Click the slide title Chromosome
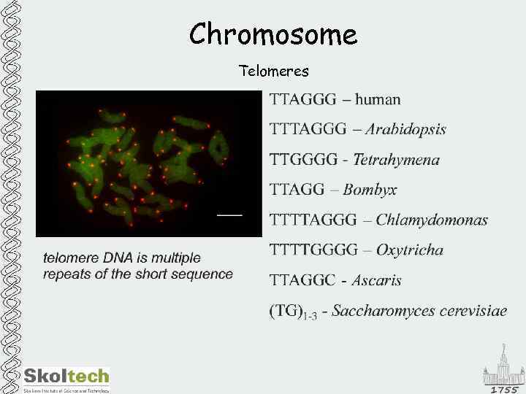tap(273, 34)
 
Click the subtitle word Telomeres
tap(274, 72)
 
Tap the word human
tap(378, 99)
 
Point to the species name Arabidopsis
tap(405, 130)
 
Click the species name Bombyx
tap(370, 190)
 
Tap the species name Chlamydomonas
tap(432, 220)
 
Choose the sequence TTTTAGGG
tap(313, 220)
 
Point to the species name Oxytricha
tap(409, 250)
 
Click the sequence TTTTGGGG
tap(314, 250)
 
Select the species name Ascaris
tap(376, 280)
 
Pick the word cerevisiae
tap(470, 312)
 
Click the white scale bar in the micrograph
tap(229, 215)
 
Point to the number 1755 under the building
tap(504, 390)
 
